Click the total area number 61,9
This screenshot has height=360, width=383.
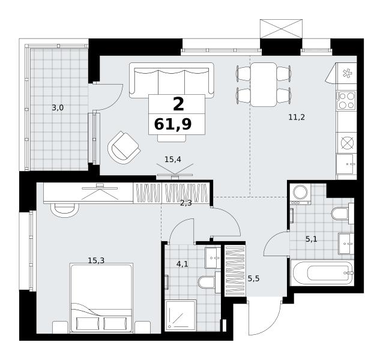173,124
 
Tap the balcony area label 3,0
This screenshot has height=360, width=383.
58,107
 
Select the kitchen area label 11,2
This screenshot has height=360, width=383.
297,118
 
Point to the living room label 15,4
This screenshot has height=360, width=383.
173,160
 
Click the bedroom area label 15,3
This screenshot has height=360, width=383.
96,260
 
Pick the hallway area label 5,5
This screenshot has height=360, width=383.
253,278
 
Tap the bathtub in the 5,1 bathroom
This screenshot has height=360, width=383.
322,272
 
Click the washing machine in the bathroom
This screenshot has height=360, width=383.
300,194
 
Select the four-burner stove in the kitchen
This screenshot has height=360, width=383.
346,100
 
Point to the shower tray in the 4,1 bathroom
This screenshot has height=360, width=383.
181,315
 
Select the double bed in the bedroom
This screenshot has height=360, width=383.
101,298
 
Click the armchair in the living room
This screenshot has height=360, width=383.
124,147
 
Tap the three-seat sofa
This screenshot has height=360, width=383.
172,80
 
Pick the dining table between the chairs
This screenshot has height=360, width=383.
264,85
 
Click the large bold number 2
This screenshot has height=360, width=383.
178,104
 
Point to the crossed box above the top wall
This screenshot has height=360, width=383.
281,29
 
